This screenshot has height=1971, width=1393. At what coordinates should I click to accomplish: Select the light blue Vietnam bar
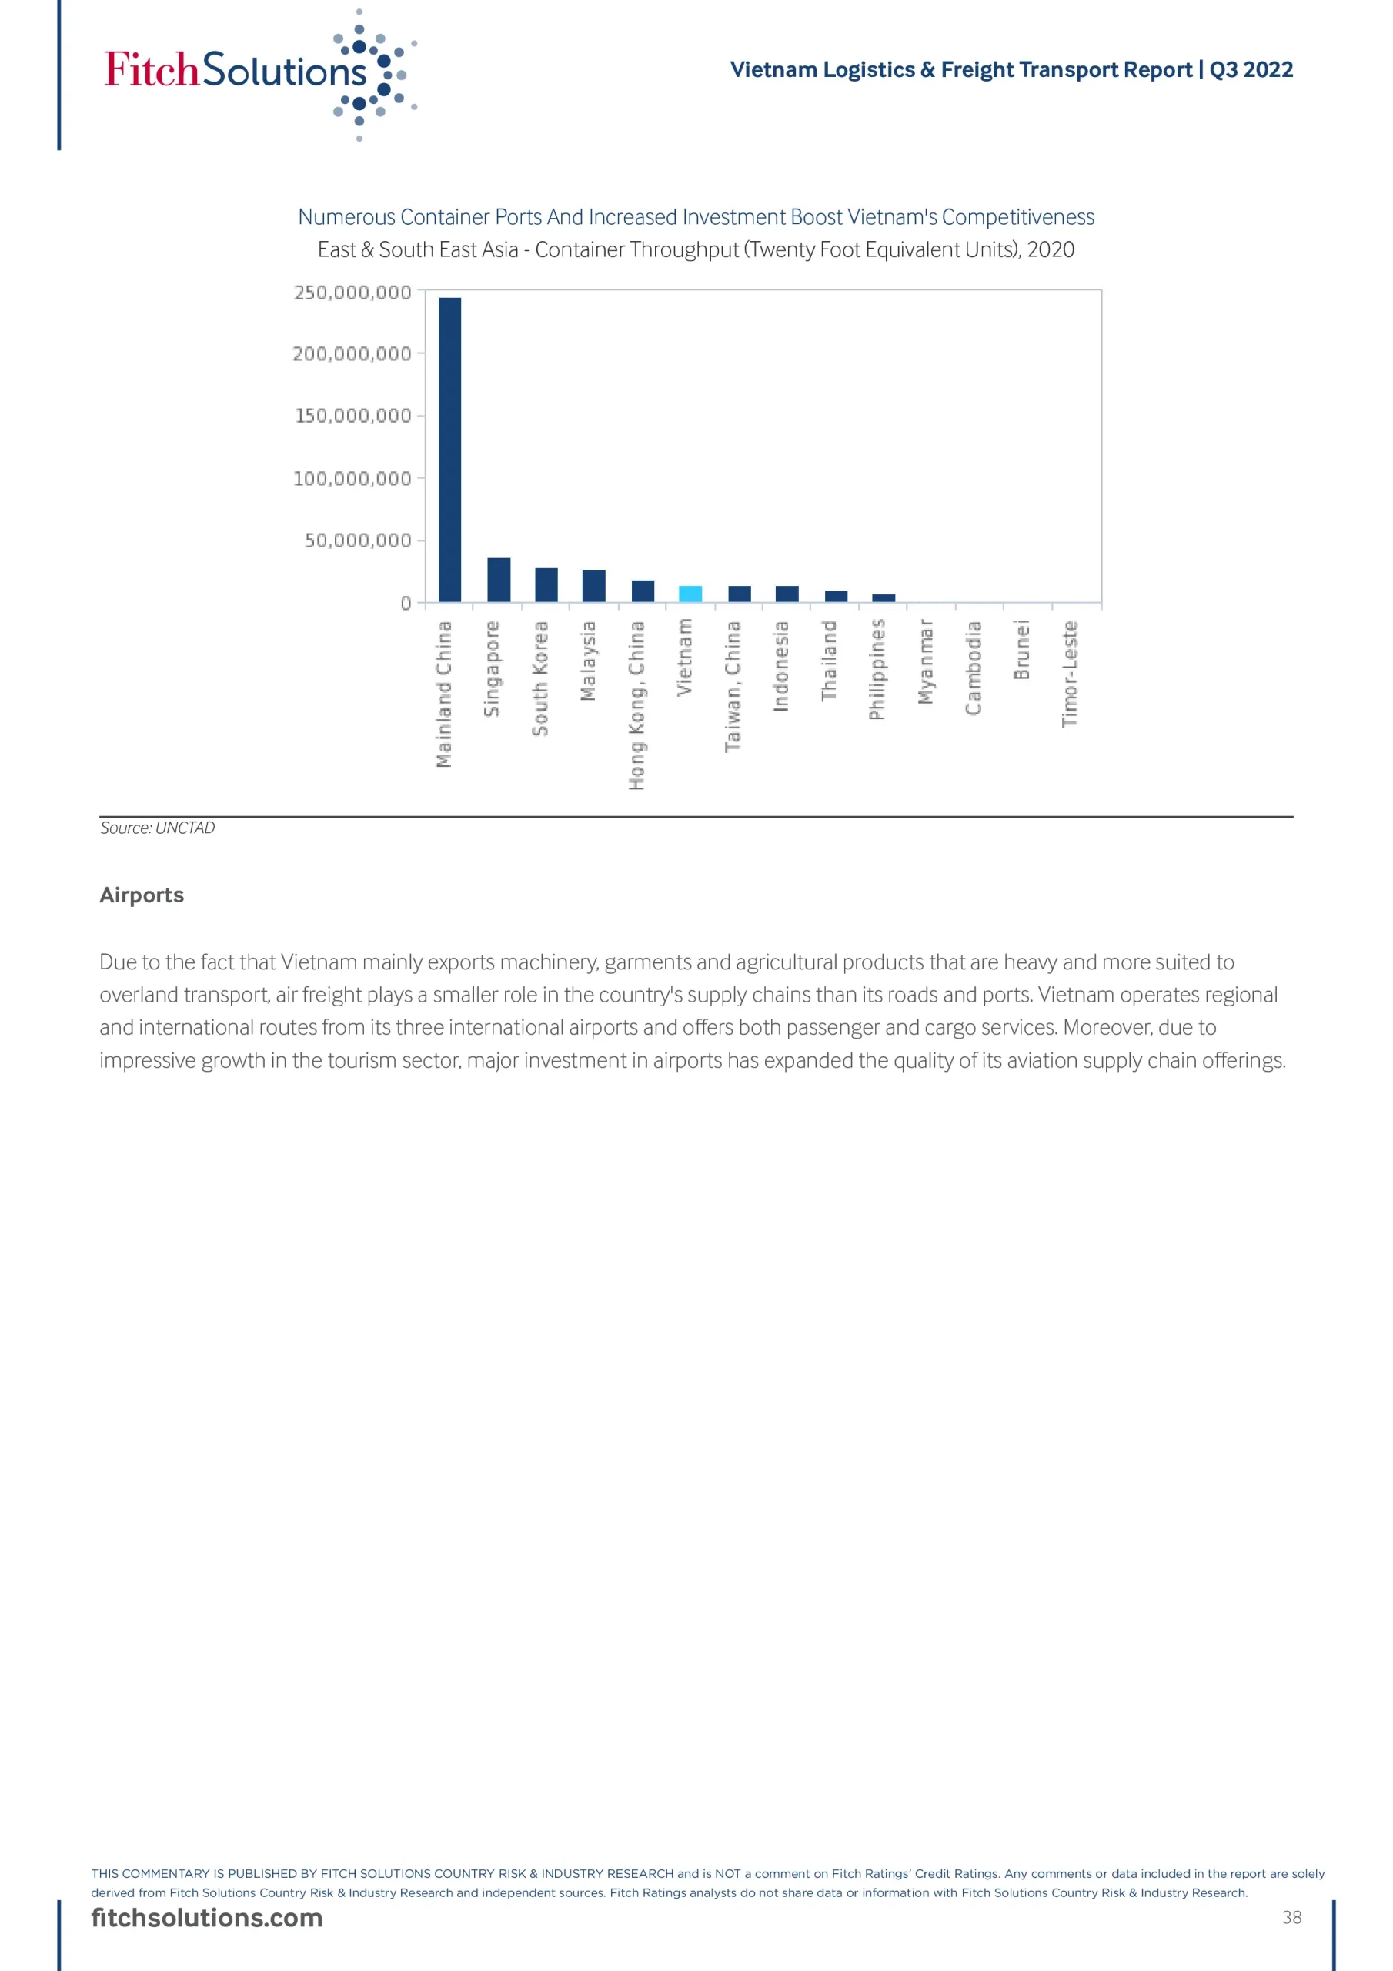pos(690,594)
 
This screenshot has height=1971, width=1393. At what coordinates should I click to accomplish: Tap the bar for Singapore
pos(498,580)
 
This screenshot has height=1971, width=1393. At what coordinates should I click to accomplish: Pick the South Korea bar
pos(546,584)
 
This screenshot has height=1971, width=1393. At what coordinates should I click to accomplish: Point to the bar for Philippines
pos(884,598)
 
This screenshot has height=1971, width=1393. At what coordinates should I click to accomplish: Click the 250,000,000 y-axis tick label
pos(352,293)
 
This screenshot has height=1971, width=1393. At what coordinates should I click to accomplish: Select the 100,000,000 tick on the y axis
pos(352,478)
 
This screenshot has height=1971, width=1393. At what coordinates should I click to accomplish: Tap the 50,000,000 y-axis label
pos(358,540)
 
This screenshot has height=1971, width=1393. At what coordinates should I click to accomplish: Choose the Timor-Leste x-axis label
pos(1070,674)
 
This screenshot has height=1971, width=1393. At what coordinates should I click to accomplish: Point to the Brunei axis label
pos(1021,651)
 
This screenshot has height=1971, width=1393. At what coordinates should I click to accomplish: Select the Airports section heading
pos(142,895)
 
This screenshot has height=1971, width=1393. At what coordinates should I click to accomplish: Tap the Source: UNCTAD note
pos(157,828)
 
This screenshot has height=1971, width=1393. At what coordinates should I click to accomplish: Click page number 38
pos(1291,1917)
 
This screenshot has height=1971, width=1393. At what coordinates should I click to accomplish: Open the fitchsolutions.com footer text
pos(207,1917)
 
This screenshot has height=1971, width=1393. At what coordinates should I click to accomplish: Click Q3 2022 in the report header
pos(1251,69)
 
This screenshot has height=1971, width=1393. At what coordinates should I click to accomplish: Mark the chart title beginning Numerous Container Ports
pos(695,217)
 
